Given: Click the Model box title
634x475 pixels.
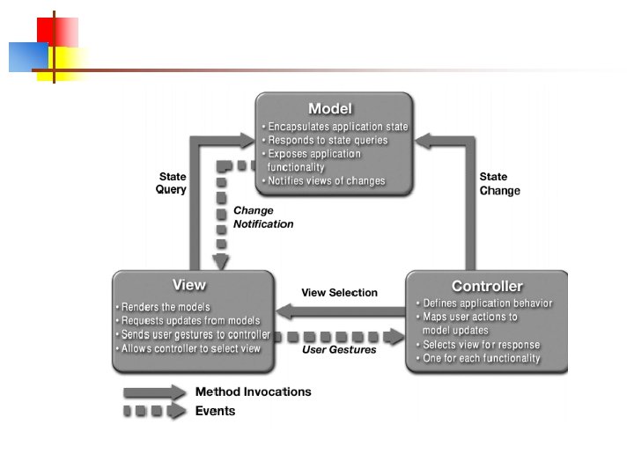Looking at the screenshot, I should pyautogui.click(x=330, y=109).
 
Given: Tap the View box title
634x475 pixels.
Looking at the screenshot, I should pyautogui.click(x=189, y=285).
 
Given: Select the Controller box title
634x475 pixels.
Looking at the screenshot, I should pyautogui.click(x=487, y=286).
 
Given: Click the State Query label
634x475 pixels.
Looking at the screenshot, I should pyautogui.click(x=172, y=183).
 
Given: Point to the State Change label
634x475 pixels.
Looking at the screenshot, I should pyautogui.click(x=499, y=184).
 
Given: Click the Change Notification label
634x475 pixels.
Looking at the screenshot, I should pyautogui.click(x=263, y=217).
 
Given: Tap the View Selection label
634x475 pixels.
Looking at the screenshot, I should pyautogui.click(x=339, y=293).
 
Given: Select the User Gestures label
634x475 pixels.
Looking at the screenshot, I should pyautogui.click(x=339, y=350).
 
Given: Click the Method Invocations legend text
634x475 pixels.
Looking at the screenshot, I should pyautogui.click(x=253, y=391).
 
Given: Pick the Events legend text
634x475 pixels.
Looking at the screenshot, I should pyautogui.click(x=215, y=411).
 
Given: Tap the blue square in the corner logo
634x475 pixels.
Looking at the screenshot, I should pyautogui.click(x=27, y=57).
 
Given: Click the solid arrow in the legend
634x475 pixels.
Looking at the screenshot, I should pyautogui.click(x=154, y=392).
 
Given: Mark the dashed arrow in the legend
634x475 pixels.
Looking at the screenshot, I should pyautogui.click(x=154, y=411).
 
